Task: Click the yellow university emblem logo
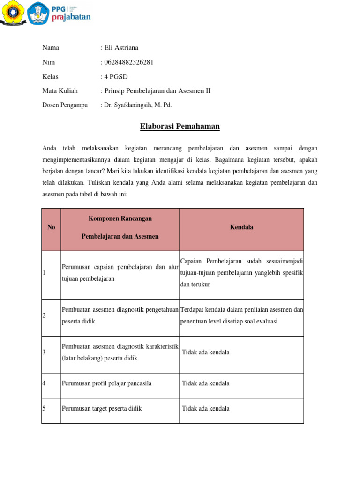13,13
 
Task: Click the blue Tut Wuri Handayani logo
38,13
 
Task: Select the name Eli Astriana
120,48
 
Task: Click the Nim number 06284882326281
128,62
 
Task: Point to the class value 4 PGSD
115,77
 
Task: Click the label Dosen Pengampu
65,105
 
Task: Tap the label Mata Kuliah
60,91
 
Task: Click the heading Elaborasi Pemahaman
180,127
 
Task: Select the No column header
51,227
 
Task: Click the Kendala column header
241,227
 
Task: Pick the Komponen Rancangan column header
120,227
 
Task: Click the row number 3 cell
51,352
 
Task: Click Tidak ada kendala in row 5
206,409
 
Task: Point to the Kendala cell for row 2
241,315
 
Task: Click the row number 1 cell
51,273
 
